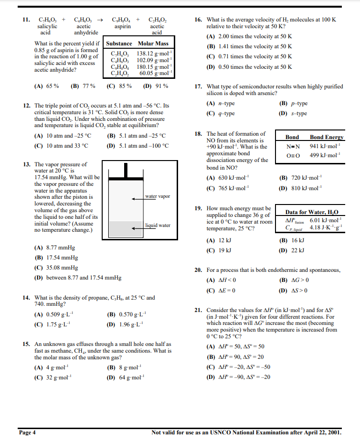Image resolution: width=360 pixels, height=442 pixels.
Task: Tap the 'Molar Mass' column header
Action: (153, 43)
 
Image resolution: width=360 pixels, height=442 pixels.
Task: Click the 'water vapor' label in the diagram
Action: (158, 196)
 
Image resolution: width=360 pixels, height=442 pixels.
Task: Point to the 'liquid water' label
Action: (158, 226)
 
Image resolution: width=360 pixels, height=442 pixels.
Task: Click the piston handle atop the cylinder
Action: (127, 169)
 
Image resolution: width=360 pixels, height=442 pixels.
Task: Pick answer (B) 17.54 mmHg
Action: (55, 258)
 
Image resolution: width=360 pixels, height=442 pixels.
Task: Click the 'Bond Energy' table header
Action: (327, 137)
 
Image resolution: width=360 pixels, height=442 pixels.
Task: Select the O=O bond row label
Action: (292, 155)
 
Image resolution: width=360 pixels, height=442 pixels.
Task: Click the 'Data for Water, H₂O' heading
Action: (312, 212)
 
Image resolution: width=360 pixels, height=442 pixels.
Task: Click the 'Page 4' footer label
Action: (27, 432)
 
